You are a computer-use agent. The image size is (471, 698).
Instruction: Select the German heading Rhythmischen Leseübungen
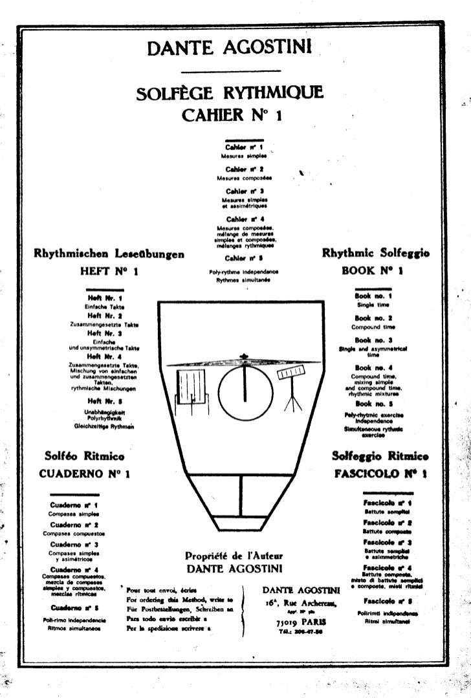pos(109,254)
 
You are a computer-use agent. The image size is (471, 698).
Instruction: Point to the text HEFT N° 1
pos(109,272)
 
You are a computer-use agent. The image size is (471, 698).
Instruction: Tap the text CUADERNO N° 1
pos(85,474)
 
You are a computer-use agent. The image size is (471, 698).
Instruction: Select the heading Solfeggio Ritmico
pos(380,456)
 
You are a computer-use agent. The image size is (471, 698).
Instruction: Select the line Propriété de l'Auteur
pos(234,556)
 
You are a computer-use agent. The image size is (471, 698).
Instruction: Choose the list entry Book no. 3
pos(373,340)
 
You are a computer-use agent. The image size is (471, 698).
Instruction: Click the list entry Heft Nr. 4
pos(104,356)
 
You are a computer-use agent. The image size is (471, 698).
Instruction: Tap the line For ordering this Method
pos(179,600)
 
